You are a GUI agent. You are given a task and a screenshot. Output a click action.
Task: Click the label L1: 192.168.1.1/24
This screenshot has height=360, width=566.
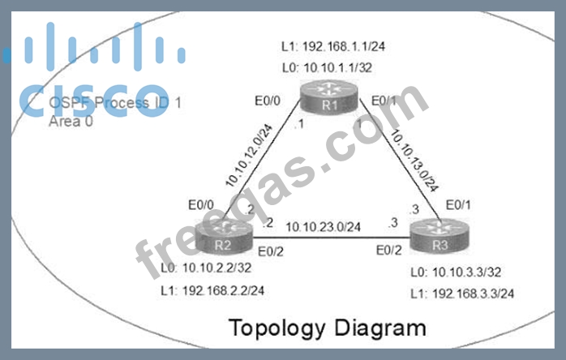(345, 46)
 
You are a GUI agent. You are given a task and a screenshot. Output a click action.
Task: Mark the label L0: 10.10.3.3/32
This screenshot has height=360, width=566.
(454, 273)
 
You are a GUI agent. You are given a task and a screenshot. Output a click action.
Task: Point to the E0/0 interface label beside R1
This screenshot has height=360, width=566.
(268, 101)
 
